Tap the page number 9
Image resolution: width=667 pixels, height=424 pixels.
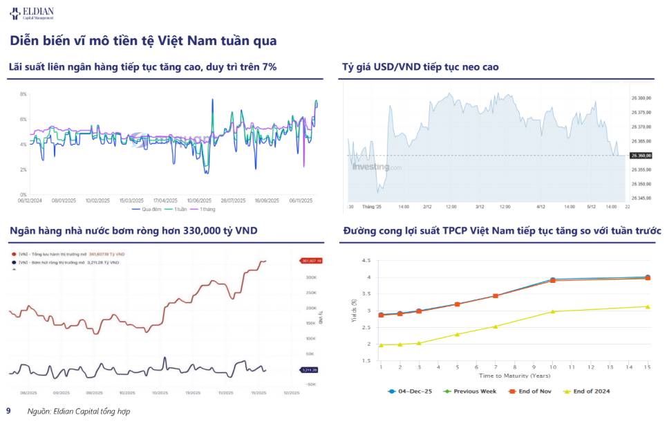coord(8,410)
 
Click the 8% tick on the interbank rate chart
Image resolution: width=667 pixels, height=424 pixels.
coord(23,94)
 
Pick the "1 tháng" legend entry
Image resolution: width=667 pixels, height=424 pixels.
coord(206,209)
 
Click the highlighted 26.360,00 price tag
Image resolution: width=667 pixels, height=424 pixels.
coord(641,156)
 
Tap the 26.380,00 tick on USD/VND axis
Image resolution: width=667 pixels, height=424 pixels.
coord(641,98)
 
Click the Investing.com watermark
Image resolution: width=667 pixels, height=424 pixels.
coord(377,167)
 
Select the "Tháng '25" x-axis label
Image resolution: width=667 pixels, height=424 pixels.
coord(374,207)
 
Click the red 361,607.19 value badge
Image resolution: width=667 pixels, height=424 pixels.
coord(312,261)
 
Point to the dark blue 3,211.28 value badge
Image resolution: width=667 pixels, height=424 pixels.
coord(309,370)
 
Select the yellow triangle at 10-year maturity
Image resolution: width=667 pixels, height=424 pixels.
coord(552,312)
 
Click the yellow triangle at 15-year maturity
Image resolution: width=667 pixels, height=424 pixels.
coord(647,306)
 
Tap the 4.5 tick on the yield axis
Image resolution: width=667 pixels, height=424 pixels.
coord(366,261)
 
